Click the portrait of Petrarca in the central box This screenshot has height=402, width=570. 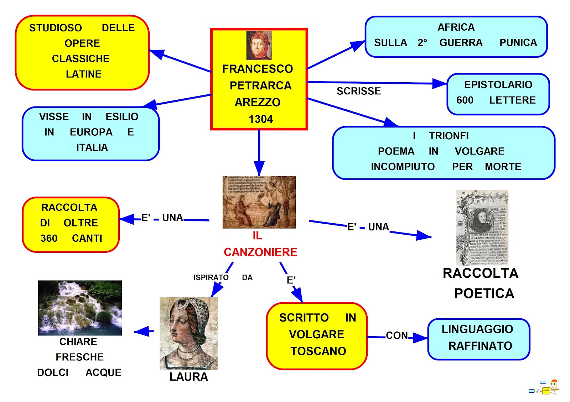[259, 45]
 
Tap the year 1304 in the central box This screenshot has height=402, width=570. [261, 119]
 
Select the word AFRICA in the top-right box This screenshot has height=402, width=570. [456, 27]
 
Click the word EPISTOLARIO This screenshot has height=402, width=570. [498, 85]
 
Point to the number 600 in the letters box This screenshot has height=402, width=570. [465, 100]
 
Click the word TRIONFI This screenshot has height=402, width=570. [449, 136]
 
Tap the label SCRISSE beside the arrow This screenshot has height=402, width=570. [359, 91]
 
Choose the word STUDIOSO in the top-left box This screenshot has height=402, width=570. [56, 28]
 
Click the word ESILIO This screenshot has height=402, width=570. [122, 117]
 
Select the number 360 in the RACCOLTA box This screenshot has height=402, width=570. [49, 238]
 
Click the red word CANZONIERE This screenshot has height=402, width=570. [260, 252]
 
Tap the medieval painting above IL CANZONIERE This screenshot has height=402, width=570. [259, 202]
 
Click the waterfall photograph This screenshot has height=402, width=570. [80, 308]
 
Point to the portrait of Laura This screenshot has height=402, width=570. [188, 333]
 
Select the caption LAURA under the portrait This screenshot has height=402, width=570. [188, 377]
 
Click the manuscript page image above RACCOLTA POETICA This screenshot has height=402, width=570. [482, 227]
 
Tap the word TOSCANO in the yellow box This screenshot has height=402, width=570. [318, 351]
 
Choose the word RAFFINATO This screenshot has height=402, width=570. [480, 346]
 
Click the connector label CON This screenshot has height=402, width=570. [397, 335]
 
